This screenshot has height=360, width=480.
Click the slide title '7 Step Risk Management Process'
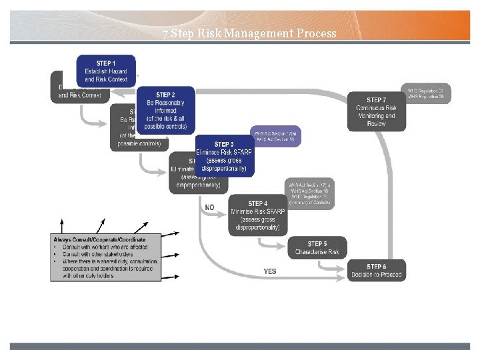[x=249, y=33]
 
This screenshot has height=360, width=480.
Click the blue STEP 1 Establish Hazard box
[x=106, y=71]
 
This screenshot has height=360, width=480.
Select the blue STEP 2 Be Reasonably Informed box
[x=165, y=110]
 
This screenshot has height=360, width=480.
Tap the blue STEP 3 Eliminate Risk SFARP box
[x=224, y=156]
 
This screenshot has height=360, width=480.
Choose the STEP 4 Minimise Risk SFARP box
[x=258, y=215]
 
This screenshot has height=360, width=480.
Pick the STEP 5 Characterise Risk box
[x=317, y=248]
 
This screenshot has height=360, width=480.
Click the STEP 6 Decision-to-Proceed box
[x=376, y=271]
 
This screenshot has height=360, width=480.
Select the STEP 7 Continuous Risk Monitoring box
[x=376, y=112]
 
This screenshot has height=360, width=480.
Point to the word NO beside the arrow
[x=209, y=207]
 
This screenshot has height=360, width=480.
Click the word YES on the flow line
[x=269, y=271]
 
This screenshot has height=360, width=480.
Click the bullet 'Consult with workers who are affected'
[x=101, y=247]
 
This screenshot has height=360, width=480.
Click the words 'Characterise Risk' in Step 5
[x=317, y=252]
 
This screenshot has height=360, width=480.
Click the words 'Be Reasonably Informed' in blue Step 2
[x=165, y=107]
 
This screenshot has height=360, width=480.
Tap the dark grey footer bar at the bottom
[x=240, y=346]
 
